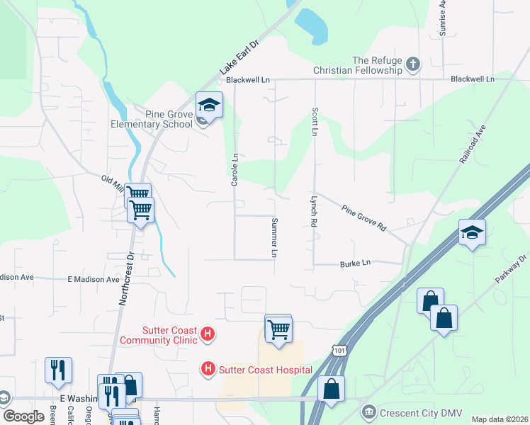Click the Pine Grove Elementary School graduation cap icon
click(x=208, y=106)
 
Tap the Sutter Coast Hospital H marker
click(x=208, y=369)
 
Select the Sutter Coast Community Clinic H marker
click(x=208, y=334)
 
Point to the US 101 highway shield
click(x=339, y=350)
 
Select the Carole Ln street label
click(x=234, y=169)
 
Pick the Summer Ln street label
click(x=274, y=237)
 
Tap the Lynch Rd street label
click(x=312, y=212)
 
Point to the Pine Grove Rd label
click(x=363, y=218)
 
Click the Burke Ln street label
click(x=356, y=263)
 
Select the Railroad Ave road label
click(x=473, y=145)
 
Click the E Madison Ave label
click(x=94, y=280)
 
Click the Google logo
click(x=23, y=416)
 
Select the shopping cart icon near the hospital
click(x=278, y=329)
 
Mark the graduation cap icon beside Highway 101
click(x=472, y=232)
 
